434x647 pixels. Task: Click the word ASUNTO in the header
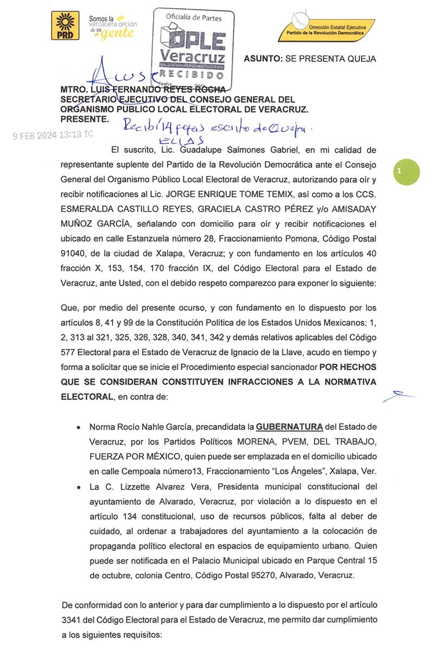pyautogui.click(x=263, y=59)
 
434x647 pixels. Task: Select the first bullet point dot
pyautogui.click(x=80, y=427)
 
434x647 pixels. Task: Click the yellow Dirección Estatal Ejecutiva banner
pyautogui.click(x=325, y=29)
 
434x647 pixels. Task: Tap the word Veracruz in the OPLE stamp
pyautogui.click(x=193, y=56)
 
